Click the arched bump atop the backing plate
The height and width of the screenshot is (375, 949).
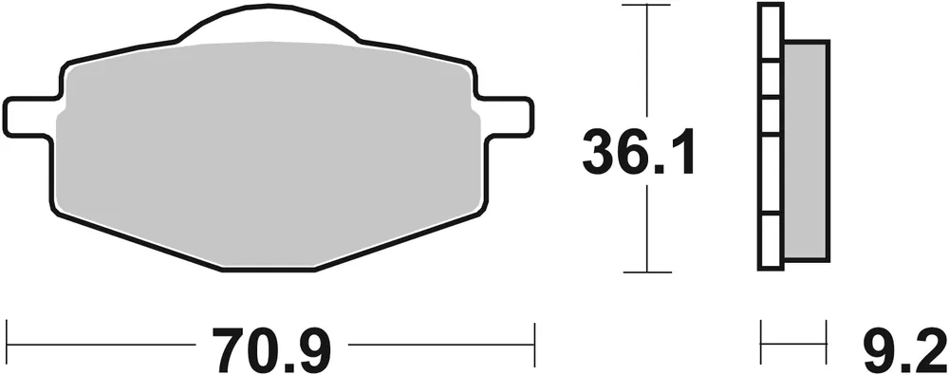tap(269, 24)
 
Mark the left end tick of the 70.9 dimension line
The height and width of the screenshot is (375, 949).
tap(8, 337)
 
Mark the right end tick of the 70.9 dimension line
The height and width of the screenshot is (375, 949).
tap(535, 337)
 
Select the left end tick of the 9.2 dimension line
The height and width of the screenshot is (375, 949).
tap(761, 337)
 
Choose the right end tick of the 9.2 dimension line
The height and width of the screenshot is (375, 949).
tap(828, 337)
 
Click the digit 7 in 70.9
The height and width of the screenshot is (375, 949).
tap(225, 350)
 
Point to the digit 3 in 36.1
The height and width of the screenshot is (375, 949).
tap(600, 153)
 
